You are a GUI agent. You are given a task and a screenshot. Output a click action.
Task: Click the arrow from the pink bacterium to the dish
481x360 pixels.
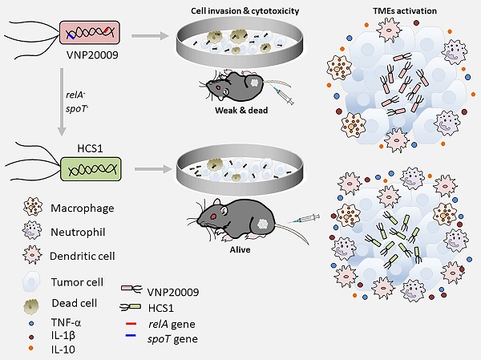[x=152, y=36]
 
